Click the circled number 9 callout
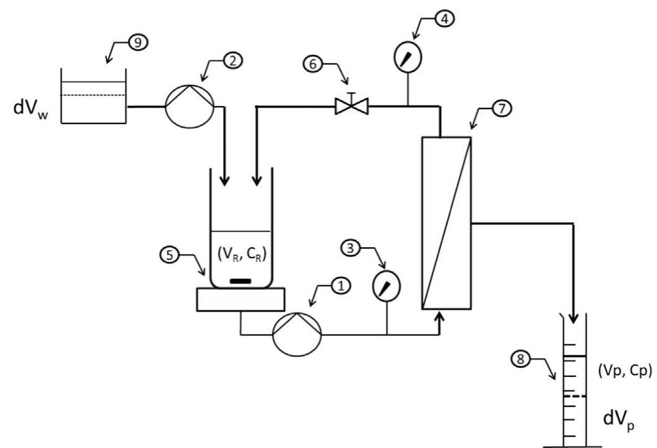135,42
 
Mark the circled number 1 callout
340,285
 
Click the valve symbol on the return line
352,107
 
